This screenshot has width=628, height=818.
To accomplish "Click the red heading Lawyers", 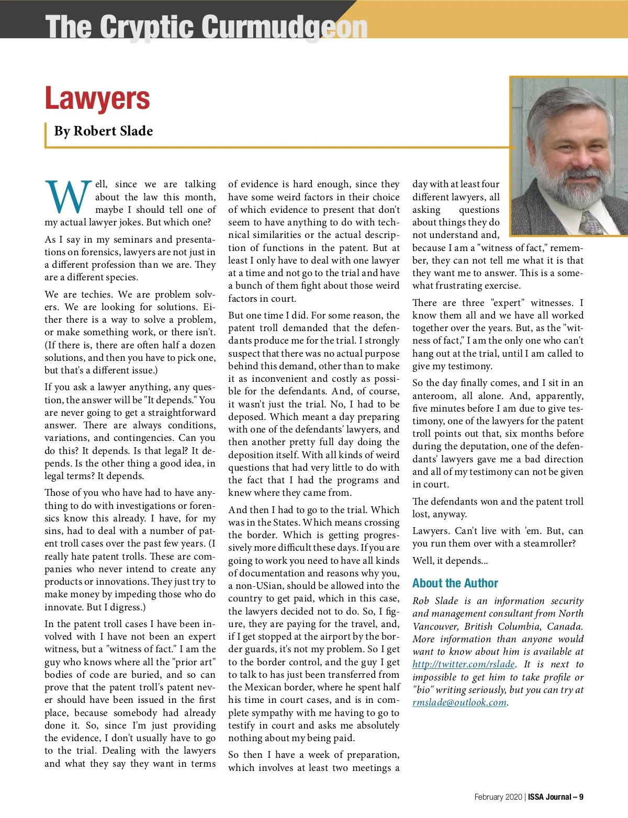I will point(97,98).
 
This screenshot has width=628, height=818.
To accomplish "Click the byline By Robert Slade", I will point(104,131).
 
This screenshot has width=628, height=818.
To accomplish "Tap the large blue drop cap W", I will point(68,198).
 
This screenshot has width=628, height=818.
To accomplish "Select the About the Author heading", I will point(455,583).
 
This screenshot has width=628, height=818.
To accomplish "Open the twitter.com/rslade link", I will point(463,664).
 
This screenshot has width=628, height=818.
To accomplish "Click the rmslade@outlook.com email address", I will point(459,702).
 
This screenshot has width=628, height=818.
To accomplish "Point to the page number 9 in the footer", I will point(581,797).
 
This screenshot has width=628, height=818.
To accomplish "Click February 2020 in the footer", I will point(498,797).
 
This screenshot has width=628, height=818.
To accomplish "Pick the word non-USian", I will point(260,586).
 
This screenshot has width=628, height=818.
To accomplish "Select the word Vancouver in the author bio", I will point(436,627).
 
